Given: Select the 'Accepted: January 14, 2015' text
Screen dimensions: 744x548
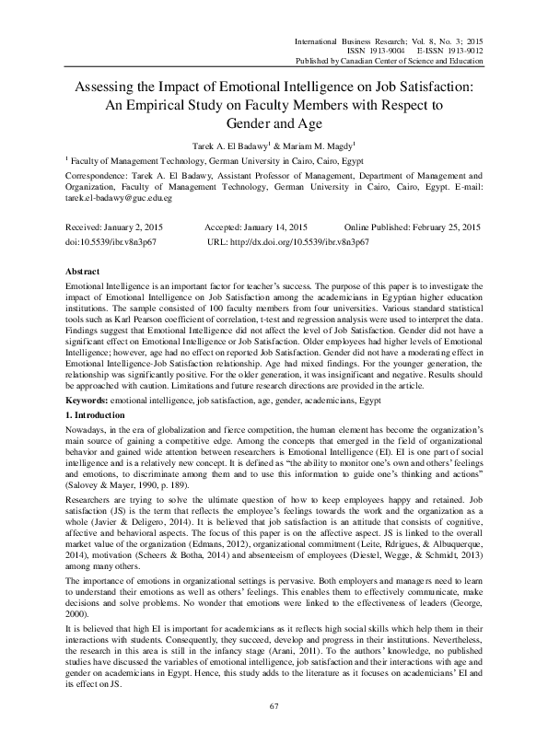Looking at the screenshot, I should tap(257, 227).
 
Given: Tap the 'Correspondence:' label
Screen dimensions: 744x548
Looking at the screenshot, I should tap(101, 173).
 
